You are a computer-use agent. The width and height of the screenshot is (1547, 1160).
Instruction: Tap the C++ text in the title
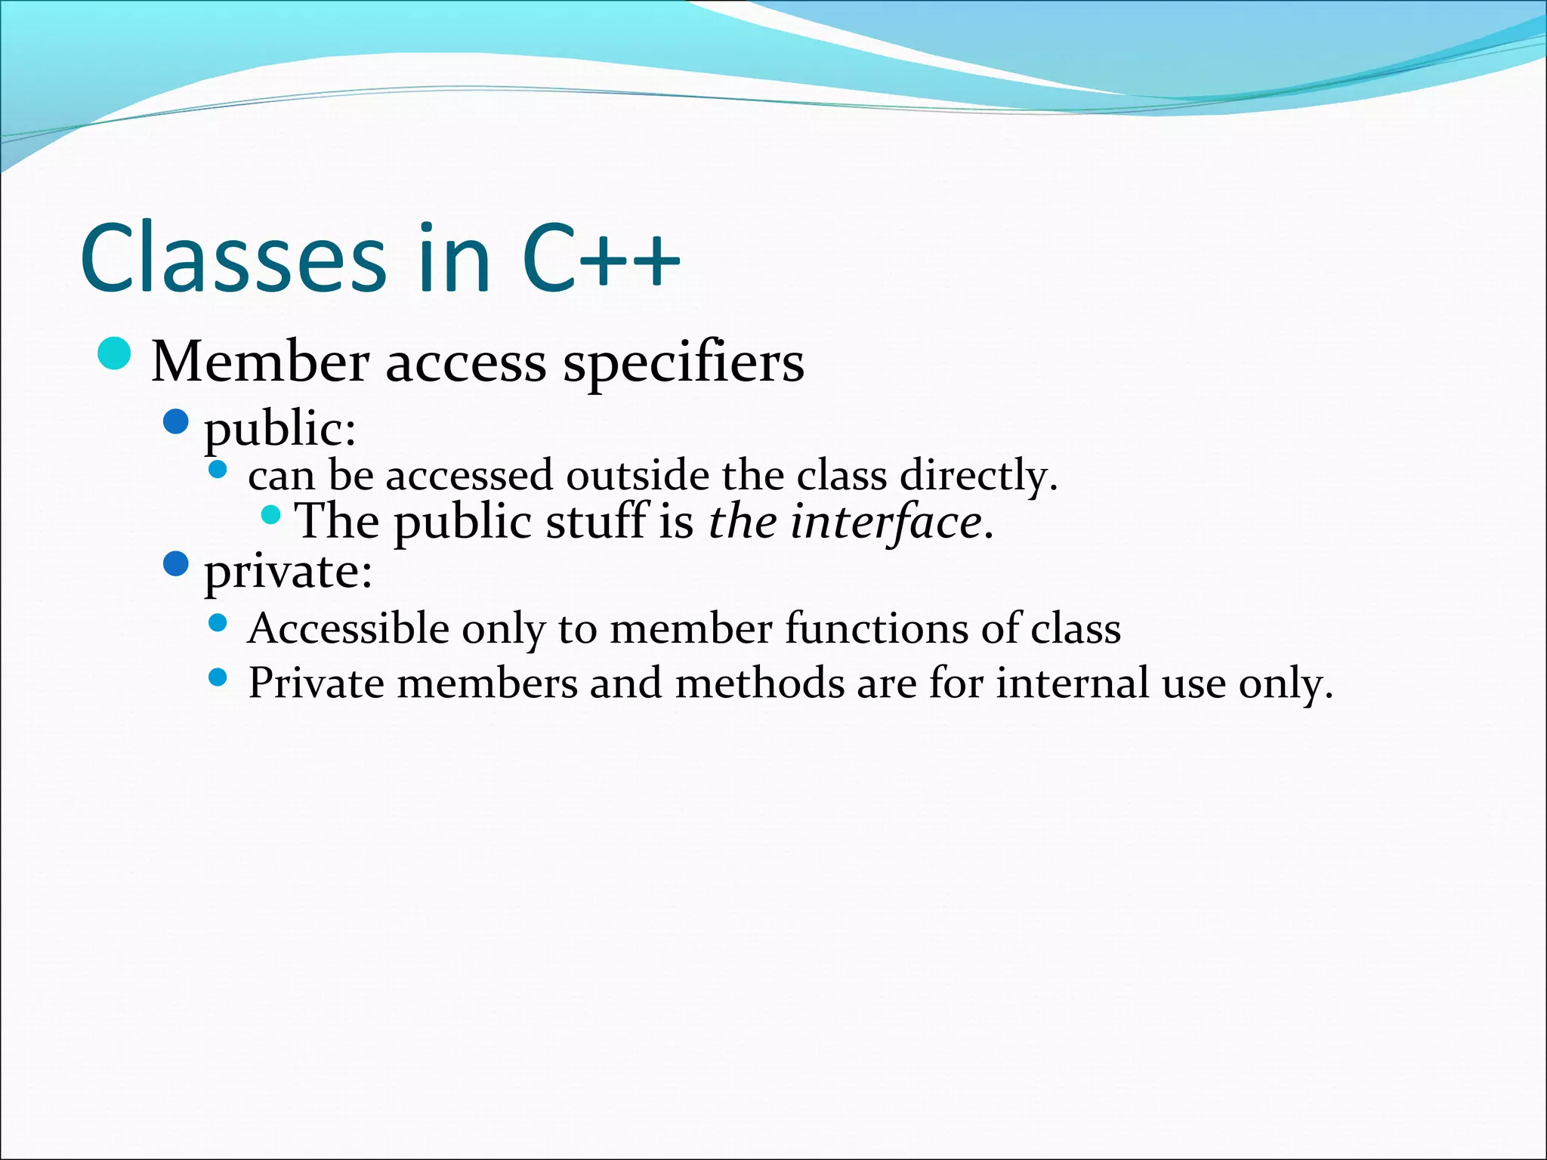601,258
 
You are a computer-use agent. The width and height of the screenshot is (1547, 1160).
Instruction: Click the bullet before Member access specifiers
115,353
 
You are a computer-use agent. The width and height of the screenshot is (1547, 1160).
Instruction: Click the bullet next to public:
175,421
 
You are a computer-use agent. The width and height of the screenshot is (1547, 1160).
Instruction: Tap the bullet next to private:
175,563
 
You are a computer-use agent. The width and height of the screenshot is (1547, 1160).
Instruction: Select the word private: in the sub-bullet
288,572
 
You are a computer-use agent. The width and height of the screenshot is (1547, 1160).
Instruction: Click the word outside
637,477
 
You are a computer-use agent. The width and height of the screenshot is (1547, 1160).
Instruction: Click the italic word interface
885,523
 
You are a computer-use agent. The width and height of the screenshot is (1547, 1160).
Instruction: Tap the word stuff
597,523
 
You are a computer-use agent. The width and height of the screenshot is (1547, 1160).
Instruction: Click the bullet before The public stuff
270,516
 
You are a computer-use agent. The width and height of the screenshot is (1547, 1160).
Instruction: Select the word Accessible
348,629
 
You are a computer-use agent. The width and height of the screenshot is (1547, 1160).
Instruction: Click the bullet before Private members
218,677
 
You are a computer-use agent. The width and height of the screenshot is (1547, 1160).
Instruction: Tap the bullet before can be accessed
218,470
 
